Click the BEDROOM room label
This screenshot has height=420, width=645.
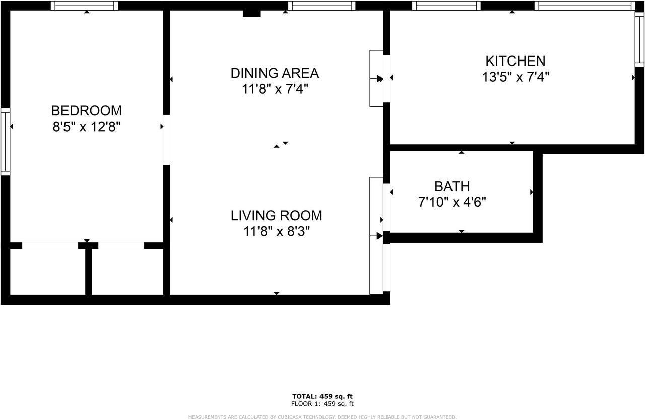coord(87,110)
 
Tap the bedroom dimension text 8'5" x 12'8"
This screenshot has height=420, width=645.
coord(87,127)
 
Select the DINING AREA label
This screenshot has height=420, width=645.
coord(275,73)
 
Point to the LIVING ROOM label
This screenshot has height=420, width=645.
coord(276,216)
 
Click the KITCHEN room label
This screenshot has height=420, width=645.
coord(515,61)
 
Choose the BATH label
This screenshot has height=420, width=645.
coord(452,186)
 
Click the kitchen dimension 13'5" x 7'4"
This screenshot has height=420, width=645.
coord(515,77)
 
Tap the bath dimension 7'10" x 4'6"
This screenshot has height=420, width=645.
coord(452,202)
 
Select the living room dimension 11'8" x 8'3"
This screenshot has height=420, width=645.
coord(276,231)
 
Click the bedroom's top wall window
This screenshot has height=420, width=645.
coord(85,6)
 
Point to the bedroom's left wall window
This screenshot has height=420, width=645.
coord(5,142)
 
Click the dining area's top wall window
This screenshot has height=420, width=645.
coord(321,6)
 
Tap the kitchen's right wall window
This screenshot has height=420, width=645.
coord(639,38)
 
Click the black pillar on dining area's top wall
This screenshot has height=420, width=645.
coord(251,13)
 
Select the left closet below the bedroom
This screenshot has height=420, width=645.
coord(47,272)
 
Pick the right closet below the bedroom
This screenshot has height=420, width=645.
coord(127,272)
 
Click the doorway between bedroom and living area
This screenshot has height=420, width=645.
coord(166,140)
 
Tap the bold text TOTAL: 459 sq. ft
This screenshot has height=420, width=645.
coord(322,396)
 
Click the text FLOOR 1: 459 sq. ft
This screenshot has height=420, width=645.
coord(322,404)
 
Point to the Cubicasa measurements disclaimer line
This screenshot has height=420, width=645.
coord(322,417)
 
